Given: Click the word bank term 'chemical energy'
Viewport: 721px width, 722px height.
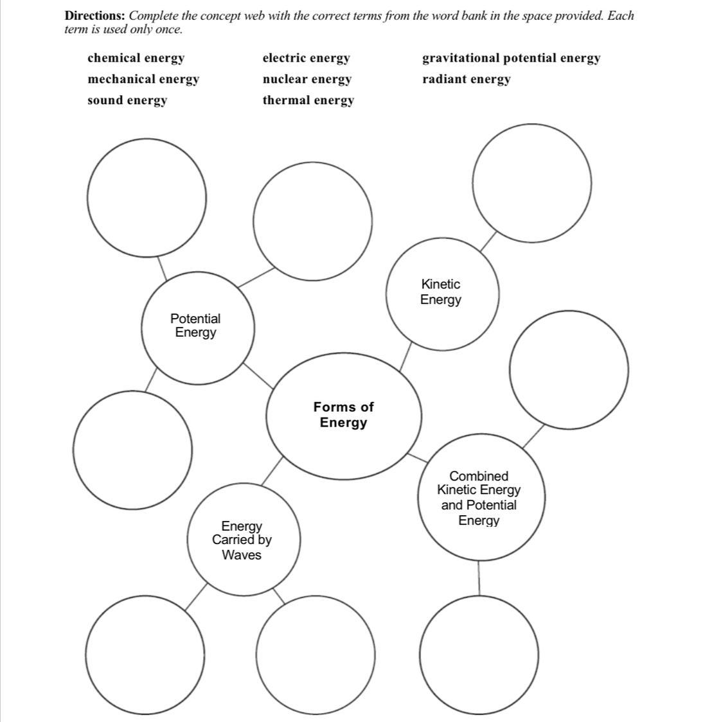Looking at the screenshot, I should [136, 58].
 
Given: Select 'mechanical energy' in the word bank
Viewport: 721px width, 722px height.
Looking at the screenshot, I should [143, 80].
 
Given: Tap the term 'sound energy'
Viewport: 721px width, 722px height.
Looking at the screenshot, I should [127, 101].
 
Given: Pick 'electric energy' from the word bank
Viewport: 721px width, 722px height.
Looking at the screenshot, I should [306, 58].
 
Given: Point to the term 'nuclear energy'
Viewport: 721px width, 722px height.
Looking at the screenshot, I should [307, 80].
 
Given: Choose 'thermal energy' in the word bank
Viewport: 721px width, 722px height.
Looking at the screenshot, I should [308, 101].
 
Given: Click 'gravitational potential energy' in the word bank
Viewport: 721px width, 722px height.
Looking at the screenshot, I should [511, 58].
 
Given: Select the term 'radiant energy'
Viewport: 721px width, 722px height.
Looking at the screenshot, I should [466, 80].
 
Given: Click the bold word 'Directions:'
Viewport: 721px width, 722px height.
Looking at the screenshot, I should [94, 16].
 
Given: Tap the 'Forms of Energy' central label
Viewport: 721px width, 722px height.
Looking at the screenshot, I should [343, 415].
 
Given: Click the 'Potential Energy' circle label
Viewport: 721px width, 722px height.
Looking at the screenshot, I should [195, 326].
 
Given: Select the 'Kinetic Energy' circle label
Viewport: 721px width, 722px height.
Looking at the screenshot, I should [441, 292].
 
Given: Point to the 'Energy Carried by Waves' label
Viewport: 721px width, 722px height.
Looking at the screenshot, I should [242, 541].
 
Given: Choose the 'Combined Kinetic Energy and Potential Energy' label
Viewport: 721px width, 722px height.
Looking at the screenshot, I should [479, 498].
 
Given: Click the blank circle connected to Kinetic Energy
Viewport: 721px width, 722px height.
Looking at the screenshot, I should [531, 183].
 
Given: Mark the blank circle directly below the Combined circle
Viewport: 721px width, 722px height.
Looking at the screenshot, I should [479, 655].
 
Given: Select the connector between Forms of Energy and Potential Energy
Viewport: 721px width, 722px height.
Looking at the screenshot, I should [258, 376].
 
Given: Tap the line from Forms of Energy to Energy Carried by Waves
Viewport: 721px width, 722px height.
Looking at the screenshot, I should [272, 471].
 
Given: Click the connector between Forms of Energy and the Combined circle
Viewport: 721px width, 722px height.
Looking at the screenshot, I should [418, 457].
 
